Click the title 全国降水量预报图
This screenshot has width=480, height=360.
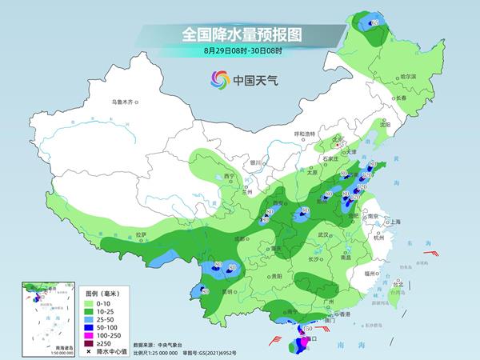pyautogui.click(x=239, y=35)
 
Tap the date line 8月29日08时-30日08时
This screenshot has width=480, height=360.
pyautogui.click(x=239, y=50)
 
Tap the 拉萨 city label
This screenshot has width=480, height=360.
pyautogui.click(x=141, y=234)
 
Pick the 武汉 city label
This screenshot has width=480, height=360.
pyautogui.click(x=323, y=234)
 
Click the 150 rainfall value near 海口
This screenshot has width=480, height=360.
pyautogui.click(x=306, y=329)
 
